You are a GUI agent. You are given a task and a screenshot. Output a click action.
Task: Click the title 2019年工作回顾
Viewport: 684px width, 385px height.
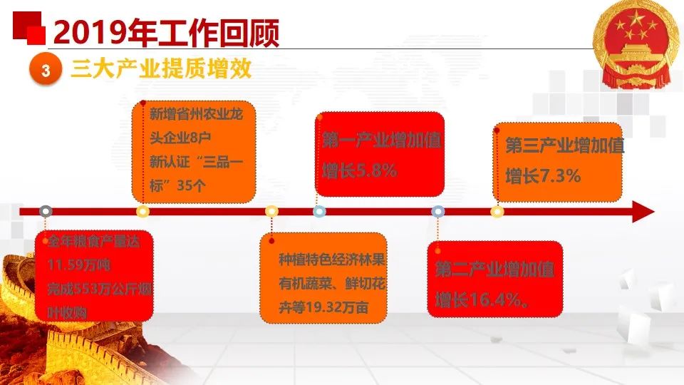click(x=166, y=33)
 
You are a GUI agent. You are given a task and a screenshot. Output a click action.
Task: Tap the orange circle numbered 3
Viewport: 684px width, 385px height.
click(x=46, y=71)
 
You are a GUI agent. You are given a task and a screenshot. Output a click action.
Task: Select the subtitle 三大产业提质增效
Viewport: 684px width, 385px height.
click(x=162, y=69)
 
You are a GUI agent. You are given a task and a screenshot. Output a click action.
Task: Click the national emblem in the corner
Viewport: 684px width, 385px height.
click(x=636, y=43)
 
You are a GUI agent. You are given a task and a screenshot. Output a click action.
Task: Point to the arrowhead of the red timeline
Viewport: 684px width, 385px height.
click(x=643, y=212)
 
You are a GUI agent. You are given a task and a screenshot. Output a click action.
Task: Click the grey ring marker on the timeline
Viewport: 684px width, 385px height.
click(x=46, y=212)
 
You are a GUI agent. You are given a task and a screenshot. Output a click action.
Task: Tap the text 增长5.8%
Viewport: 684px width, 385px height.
click(x=360, y=170)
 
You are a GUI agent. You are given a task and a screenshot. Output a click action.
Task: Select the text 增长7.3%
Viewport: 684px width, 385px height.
click(x=543, y=176)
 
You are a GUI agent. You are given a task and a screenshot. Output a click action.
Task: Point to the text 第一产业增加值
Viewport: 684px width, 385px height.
click(x=382, y=140)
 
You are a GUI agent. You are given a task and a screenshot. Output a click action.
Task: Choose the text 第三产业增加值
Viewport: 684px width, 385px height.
click(x=565, y=145)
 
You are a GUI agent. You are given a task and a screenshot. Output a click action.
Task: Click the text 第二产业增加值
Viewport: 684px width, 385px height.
click(x=494, y=269)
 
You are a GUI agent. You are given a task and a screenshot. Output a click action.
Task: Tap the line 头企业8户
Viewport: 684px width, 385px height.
click(x=180, y=138)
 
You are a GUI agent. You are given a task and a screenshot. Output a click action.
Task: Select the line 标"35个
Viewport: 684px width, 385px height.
click(x=177, y=186)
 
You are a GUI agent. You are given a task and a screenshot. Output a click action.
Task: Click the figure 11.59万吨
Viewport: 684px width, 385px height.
click(x=79, y=265)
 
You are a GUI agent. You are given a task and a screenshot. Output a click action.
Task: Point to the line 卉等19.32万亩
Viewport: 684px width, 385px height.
click(x=323, y=307)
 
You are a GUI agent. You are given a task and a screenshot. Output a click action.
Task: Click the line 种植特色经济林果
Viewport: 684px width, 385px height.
click(x=332, y=260)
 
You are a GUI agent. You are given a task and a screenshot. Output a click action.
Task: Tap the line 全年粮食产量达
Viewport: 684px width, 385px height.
click(x=94, y=241)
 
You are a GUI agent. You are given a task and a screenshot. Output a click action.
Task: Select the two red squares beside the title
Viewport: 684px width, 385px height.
click(x=29, y=28)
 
